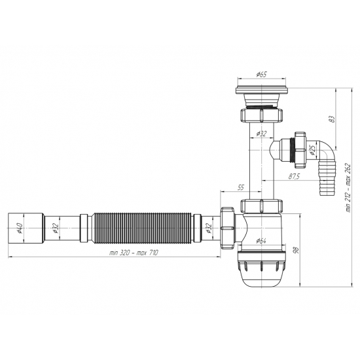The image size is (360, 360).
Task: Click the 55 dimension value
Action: click(x=240, y=188)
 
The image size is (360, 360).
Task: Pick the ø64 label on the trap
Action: click(x=261, y=241)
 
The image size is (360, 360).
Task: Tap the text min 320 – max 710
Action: click(x=132, y=253)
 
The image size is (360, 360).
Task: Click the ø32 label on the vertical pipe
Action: click(x=261, y=134)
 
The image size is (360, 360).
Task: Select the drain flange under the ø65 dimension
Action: click(x=261, y=88)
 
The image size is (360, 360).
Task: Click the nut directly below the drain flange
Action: click(x=261, y=115)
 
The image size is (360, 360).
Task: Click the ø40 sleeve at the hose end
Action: click(x=27, y=228)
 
